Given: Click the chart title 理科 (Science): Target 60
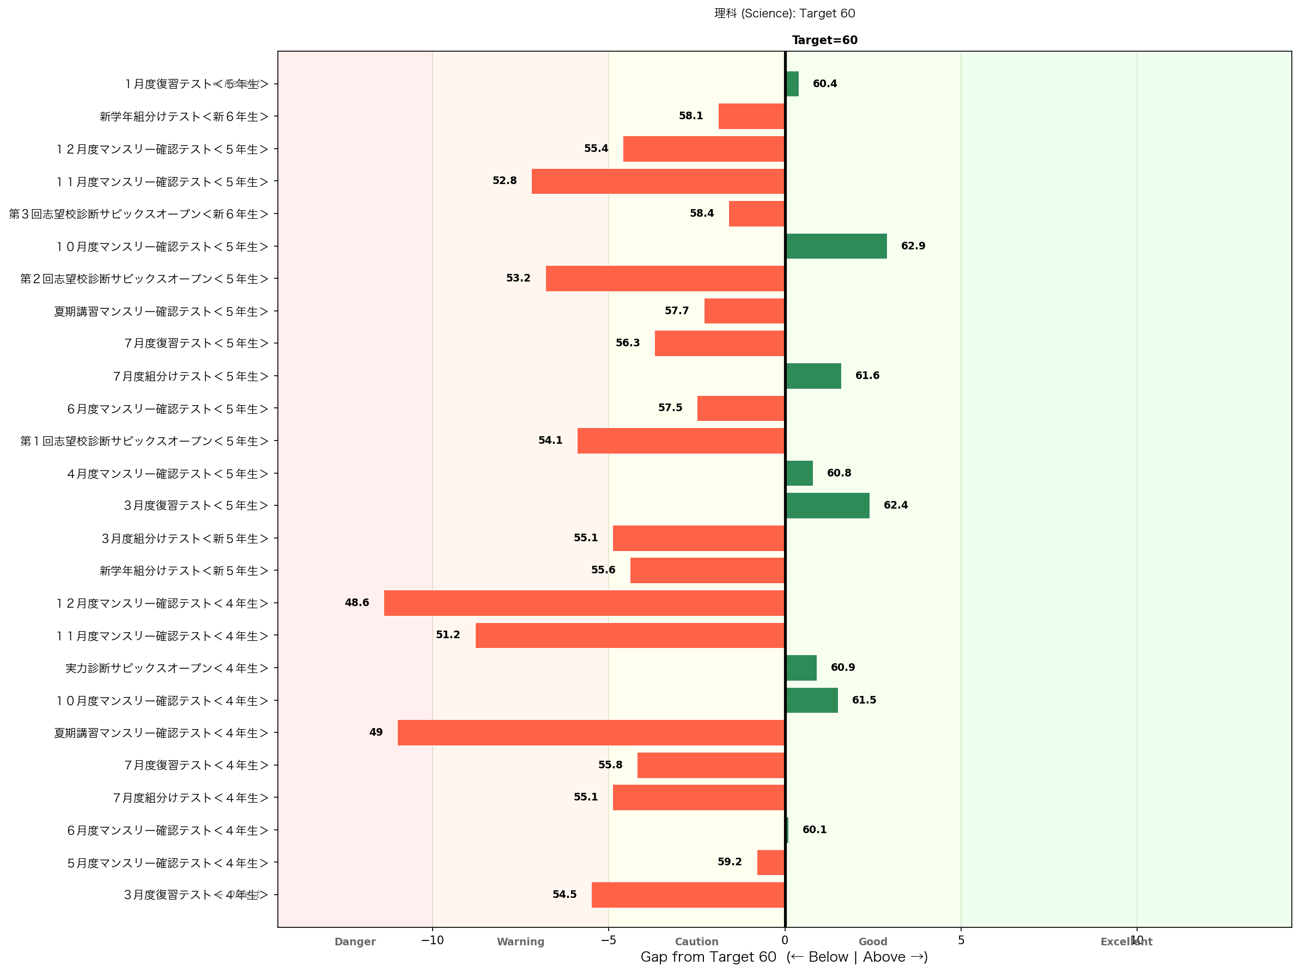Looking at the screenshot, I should click(784, 14).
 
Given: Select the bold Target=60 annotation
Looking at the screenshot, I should click(824, 40).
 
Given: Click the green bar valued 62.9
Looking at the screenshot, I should click(836, 246).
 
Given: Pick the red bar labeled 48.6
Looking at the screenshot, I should click(584, 603).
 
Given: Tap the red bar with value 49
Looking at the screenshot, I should click(591, 732).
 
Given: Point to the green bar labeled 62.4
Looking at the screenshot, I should click(827, 506).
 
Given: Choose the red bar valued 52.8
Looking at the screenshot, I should click(658, 181).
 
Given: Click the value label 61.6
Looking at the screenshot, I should click(867, 376).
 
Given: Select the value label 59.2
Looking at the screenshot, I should click(730, 861).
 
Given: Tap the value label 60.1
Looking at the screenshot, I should click(814, 830).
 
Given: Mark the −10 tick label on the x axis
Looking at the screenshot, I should click(432, 940).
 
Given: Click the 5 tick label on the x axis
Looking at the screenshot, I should click(961, 940).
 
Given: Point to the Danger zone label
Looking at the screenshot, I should click(355, 942).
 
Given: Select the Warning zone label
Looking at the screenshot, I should click(520, 942).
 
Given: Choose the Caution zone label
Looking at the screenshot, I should click(696, 942).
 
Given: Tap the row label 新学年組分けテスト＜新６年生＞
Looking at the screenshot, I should click(184, 117).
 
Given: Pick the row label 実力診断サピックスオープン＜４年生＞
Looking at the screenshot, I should click(167, 668).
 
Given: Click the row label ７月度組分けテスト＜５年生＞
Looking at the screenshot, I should click(190, 376).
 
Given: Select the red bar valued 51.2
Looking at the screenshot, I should click(629, 635).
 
